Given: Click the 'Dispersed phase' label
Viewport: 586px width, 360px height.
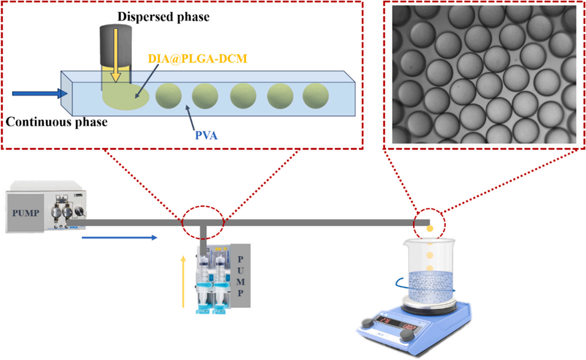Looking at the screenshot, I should click(174, 17).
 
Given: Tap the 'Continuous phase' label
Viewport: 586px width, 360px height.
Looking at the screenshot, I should click(56, 122).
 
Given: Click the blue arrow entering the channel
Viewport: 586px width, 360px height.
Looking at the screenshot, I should click(46, 93).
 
